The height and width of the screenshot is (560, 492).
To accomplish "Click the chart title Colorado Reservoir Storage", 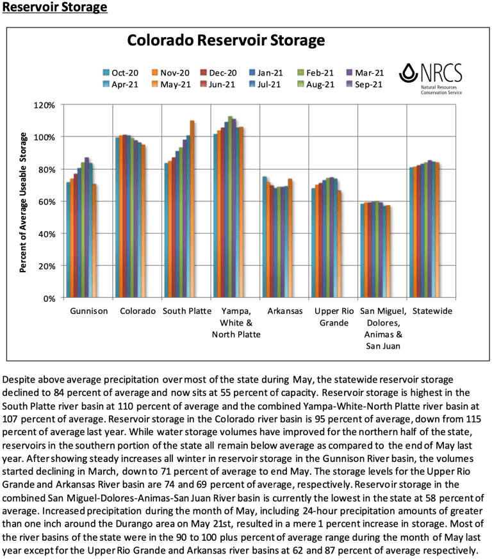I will [x=226, y=41].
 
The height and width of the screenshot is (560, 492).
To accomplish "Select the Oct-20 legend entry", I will [x=120, y=72].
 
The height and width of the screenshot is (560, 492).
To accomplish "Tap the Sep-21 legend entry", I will [x=365, y=84].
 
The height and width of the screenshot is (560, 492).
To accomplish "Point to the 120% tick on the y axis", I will [x=45, y=104].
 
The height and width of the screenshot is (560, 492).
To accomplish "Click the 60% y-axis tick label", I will [x=47, y=201].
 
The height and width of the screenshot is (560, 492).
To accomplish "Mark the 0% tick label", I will [x=50, y=298].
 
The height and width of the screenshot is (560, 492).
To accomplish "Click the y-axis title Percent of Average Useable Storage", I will [x=23, y=202].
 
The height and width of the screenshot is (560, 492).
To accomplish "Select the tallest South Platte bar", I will [x=192, y=209].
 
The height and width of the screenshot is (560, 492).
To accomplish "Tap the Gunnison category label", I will [x=90, y=311].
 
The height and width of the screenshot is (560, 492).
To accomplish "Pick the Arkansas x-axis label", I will [x=284, y=311].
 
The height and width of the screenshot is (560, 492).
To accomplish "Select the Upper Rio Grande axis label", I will [x=334, y=317].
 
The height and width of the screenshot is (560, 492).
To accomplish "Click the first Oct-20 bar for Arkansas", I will [x=265, y=237].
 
